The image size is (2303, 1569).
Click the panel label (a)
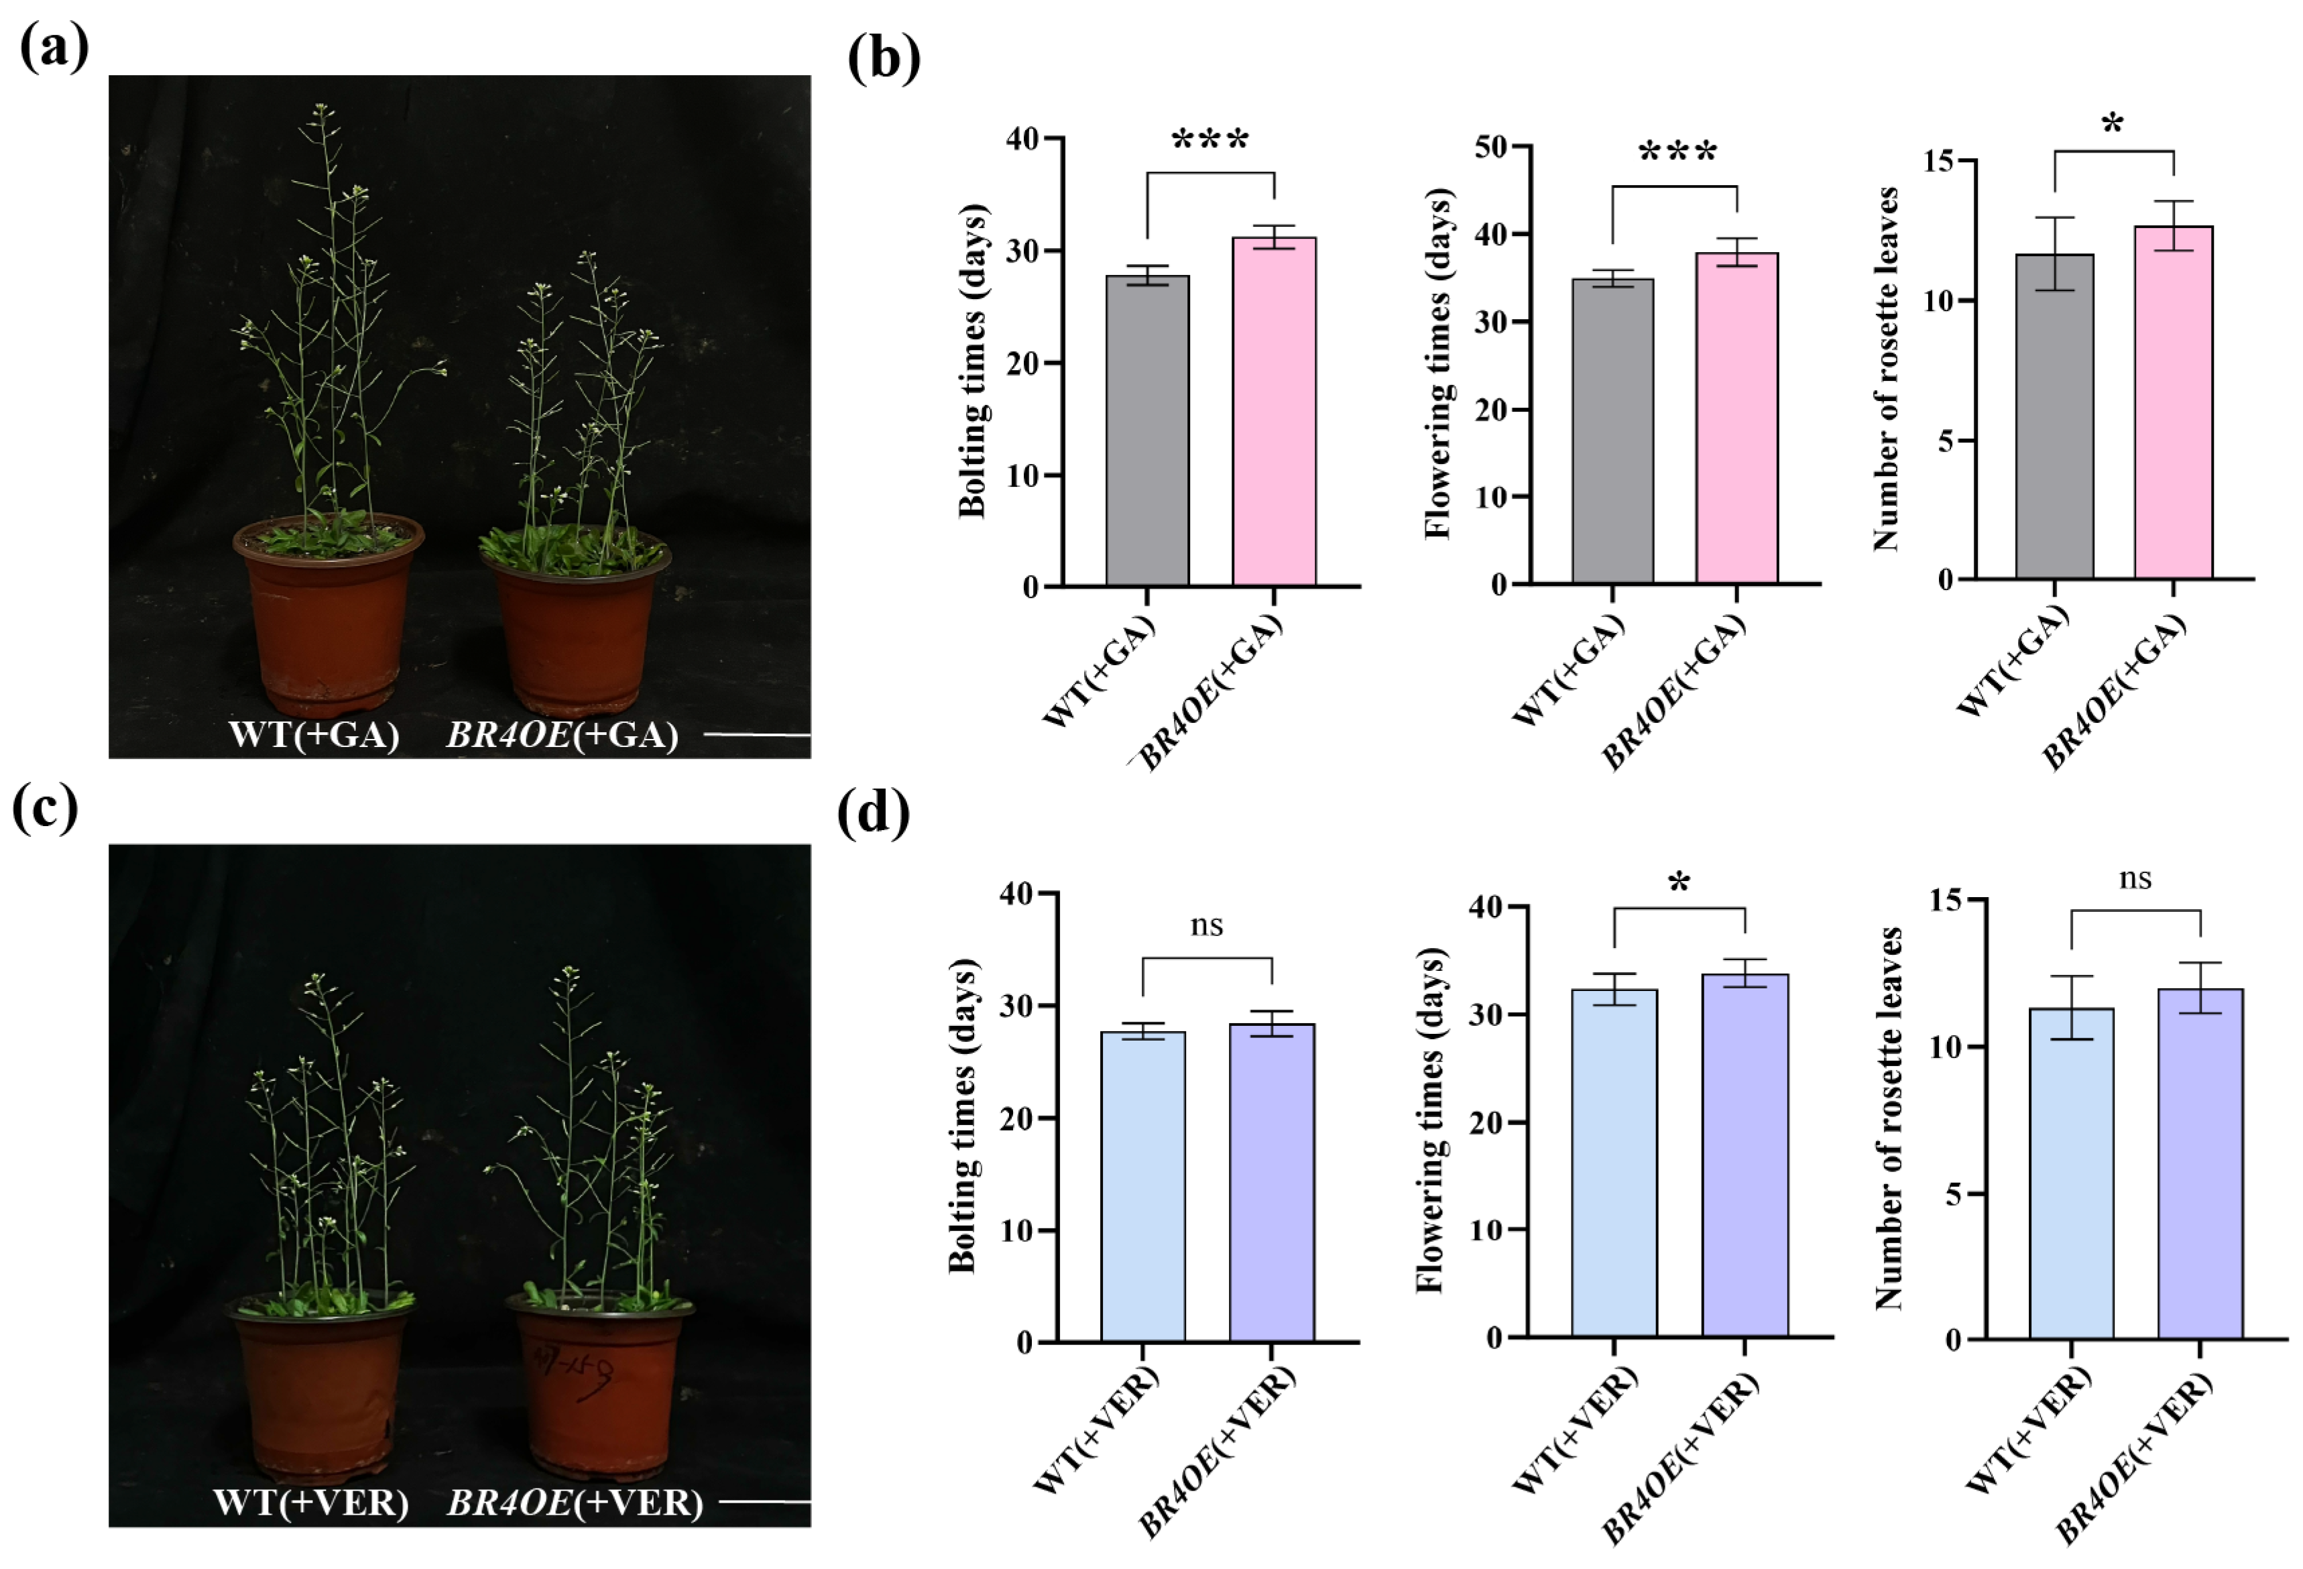click(54, 46)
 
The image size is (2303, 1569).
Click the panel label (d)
click(873, 815)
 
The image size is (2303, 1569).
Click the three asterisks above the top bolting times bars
click(1210, 141)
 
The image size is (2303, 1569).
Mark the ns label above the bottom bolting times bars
click(1206, 926)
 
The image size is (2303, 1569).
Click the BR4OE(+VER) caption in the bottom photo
click(575, 1503)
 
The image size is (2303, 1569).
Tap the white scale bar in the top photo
click(757, 736)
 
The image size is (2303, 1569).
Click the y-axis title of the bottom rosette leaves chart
click(1889, 1118)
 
